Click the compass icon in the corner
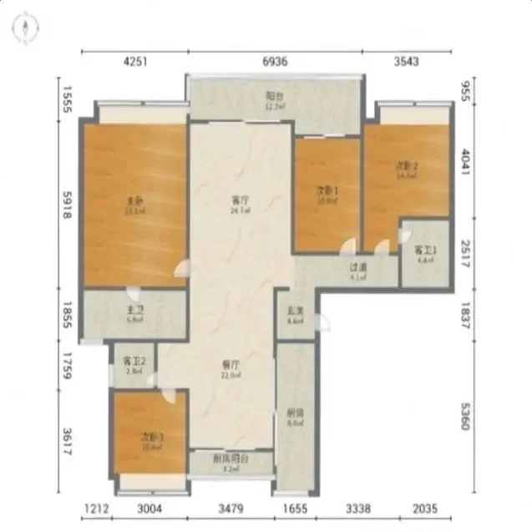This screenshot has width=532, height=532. [x=25, y=28]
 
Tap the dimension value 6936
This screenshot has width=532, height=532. [x=275, y=61]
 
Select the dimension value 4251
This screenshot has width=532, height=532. [x=134, y=61]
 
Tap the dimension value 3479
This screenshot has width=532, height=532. [x=231, y=509]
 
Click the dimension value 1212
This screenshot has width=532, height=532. [x=97, y=509]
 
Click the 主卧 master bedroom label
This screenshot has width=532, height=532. [x=132, y=201]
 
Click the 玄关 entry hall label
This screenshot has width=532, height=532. [x=294, y=311]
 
